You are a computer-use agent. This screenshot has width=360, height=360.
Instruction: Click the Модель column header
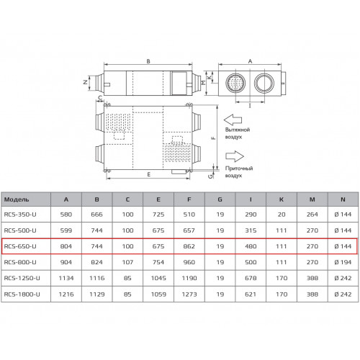(x=17, y=199)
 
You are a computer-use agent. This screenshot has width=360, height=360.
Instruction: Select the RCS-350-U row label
(x=20, y=215)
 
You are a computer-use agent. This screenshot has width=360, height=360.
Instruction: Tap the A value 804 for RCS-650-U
(x=66, y=246)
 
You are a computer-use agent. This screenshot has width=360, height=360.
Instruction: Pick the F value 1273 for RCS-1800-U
(x=189, y=294)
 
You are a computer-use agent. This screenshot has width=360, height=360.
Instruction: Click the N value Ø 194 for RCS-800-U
(x=343, y=262)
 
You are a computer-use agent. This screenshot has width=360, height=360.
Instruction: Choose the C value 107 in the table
(x=127, y=262)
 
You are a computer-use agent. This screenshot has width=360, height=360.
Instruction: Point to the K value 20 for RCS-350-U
(x=282, y=215)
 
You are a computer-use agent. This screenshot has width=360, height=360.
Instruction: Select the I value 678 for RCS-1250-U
(x=251, y=278)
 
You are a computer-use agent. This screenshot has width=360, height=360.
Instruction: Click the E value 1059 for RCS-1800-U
(x=158, y=294)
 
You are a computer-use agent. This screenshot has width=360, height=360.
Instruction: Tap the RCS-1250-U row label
(x=22, y=278)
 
